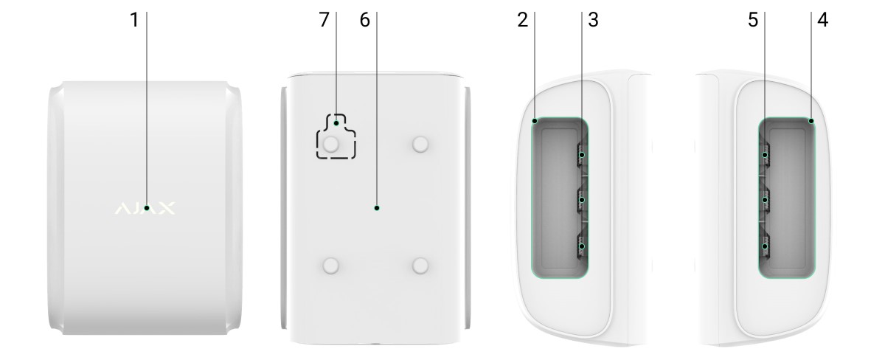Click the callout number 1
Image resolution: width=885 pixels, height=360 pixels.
coord(134,20)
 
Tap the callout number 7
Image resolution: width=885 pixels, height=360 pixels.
coord(324,20)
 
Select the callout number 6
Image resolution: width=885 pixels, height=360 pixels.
coord(364,20)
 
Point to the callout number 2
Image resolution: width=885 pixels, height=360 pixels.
coord(523,20)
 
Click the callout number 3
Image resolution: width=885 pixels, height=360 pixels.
coord(594,20)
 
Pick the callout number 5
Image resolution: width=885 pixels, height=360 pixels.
coord(753,20)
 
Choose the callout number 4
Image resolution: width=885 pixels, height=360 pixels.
coord(822,20)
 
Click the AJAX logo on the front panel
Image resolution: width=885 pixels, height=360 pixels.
coord(145,208)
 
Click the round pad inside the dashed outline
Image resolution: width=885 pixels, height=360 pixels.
coord(330,145)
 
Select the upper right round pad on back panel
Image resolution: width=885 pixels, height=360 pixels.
coord(420,145)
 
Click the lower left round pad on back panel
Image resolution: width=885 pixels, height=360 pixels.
coord(330,266)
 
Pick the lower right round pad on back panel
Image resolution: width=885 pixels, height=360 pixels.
coord(420,266)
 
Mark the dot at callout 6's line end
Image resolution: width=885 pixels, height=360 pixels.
coord(377,208)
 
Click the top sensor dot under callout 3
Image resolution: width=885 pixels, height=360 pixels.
coord(582,155)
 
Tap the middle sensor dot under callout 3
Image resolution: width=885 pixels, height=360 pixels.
coord(582,200)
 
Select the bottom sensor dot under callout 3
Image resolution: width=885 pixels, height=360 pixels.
coord(582,246)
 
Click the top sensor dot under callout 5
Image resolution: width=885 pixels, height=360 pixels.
coord(765,155)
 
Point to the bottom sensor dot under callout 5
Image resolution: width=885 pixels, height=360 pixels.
coord(765,246)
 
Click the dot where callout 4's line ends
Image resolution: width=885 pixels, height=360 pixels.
coord(811,121)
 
